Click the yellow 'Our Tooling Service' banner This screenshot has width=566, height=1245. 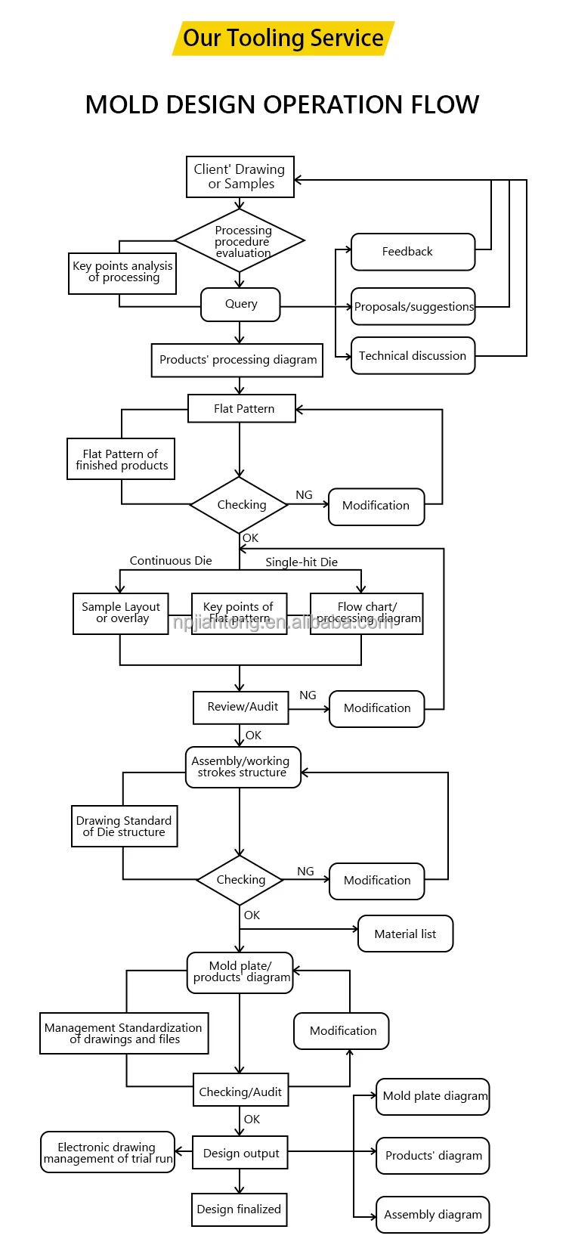tap(283, 39)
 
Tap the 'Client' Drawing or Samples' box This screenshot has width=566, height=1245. tap(240, 177)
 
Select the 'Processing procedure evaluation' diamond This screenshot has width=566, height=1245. tap(240, 240)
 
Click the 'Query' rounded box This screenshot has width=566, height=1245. tap(240, 304)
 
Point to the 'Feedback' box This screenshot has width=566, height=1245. tap(413, 252)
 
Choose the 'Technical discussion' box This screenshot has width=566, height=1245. tap(413, 356)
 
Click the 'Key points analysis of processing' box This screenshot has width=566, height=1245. tap(122, 273)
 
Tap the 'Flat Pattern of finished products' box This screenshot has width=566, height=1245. tap(121, 459)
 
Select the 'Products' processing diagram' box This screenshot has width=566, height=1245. tap(237, 360)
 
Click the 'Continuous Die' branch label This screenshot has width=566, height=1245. tap(171, 561)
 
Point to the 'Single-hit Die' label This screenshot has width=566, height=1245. tap(302, 562)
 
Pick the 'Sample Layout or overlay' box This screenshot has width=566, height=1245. tap(121, 614)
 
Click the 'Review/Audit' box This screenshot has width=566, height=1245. tap(241, 708)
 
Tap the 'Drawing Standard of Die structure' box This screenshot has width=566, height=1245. tap(125, 826)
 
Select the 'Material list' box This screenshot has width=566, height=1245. tap(406, 934)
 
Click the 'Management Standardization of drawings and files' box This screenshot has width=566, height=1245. tap(125, 1033)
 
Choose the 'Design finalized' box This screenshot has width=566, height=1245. tap(240, 1209)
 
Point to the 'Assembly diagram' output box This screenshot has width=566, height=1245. tap(433, 1215)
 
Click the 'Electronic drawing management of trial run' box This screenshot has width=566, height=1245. tap(108, 1152)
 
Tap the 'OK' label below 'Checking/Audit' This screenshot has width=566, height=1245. tap(252, 1120)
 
